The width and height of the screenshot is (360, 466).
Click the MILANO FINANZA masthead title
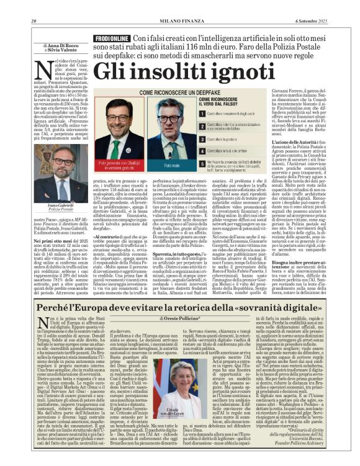click(x=179, y=5)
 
